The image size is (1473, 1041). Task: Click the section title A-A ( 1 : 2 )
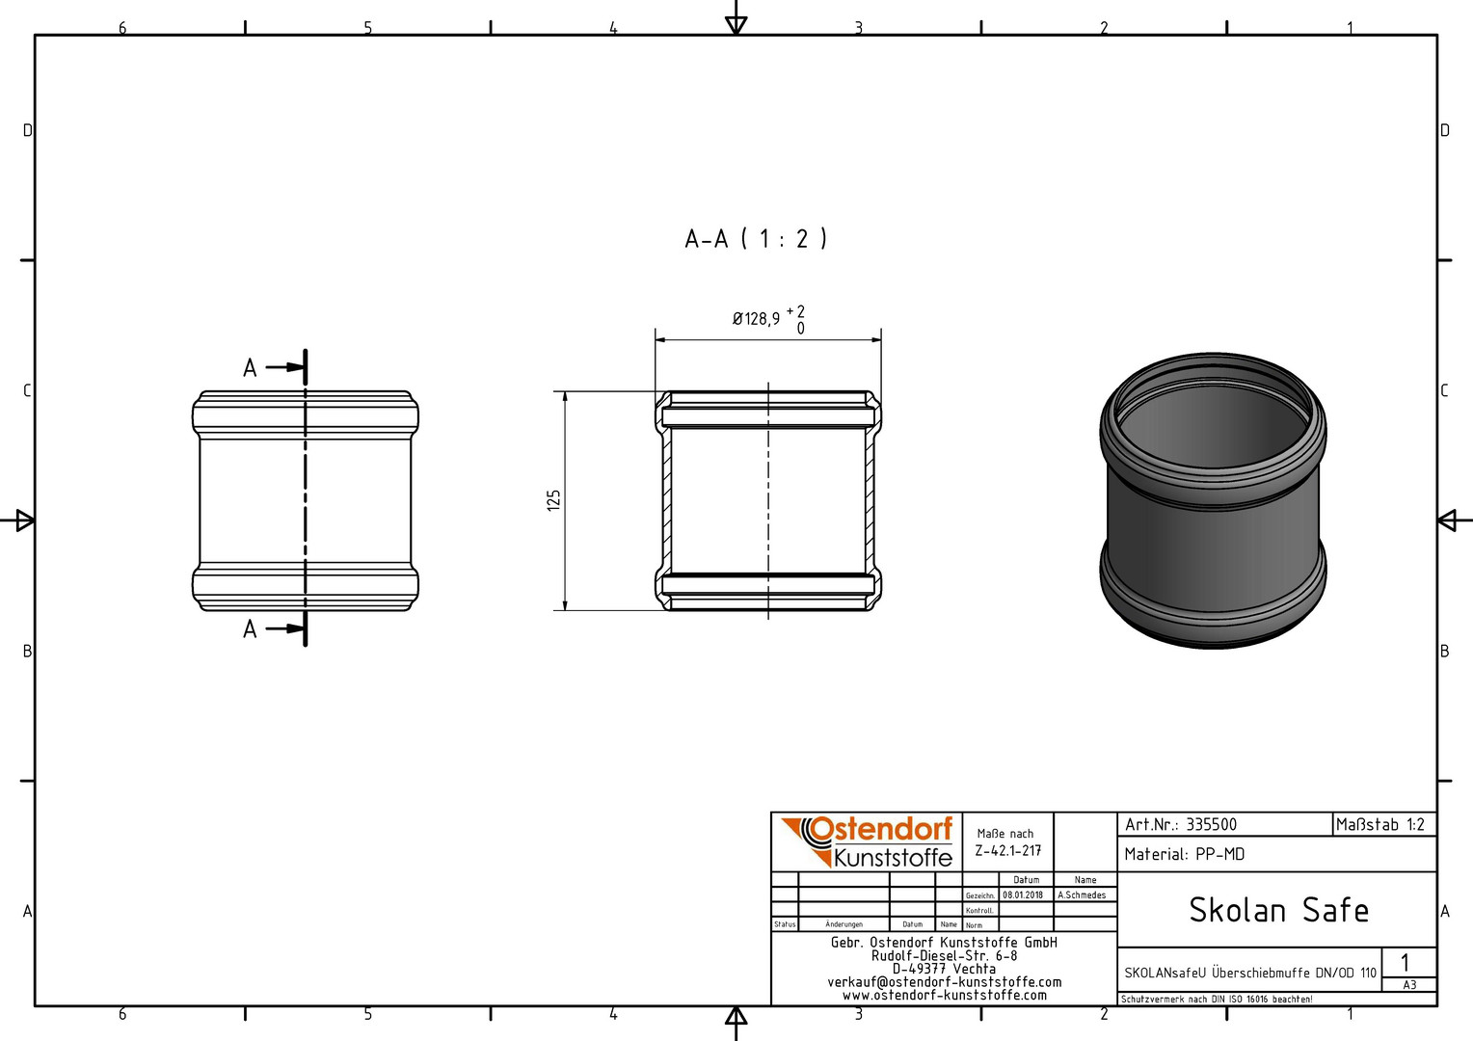[x=756, y=238]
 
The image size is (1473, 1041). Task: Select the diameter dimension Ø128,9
[x=756, y=319]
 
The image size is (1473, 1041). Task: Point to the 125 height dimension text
[x=553, y=500]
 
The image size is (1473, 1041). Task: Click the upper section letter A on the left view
[x=250, y=367]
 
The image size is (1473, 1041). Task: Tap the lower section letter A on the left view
[x=250, y=629]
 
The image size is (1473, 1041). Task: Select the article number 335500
[x=1212, y=825]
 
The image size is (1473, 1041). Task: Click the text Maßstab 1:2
[x=1379, y=825]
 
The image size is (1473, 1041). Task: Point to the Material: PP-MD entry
[x=1185, y=854]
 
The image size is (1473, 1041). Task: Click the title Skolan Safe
[x=1279, y=910]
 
